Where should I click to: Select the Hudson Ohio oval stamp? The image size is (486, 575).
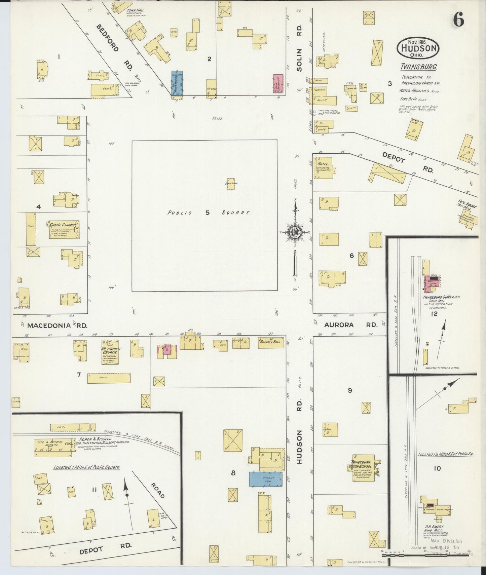tap(418, 48)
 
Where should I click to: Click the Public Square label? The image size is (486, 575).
tap(208, 213)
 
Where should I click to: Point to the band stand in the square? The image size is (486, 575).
tap(231, 184)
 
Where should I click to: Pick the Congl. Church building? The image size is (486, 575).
tap(64, 230)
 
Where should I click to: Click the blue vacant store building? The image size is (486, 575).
tap(265, 479)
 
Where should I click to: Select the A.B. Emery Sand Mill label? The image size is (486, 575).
tap(434, 529)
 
